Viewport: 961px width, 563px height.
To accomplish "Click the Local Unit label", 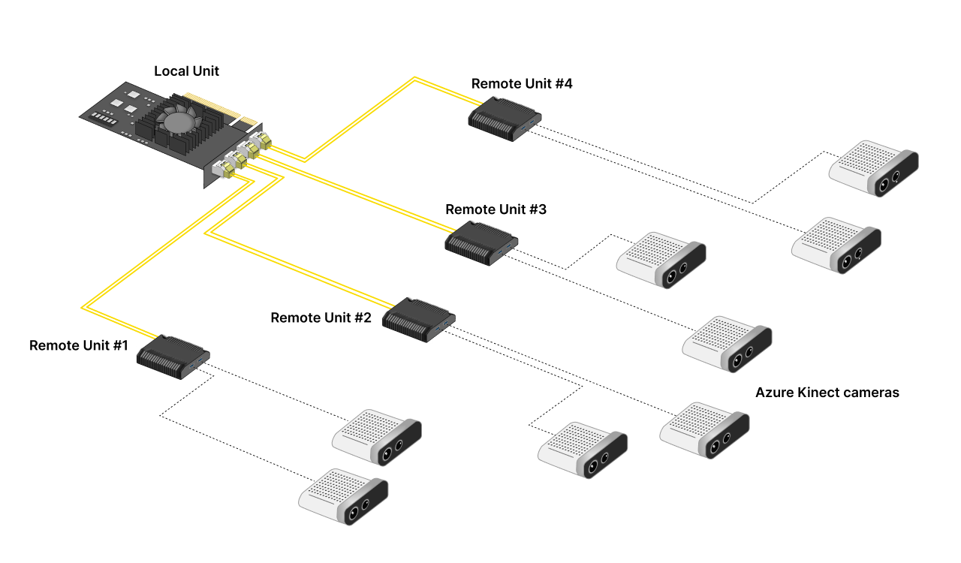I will click(x=186, y=71).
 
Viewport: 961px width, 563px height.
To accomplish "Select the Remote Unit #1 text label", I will click(x=79, y=345).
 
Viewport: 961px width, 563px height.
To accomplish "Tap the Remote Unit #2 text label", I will click(x=321, y=318).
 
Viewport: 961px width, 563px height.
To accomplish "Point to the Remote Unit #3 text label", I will click(x=496, y=209).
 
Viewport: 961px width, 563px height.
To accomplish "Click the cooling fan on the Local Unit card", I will click(x=179, y=120).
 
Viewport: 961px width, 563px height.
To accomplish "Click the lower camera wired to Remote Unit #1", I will click(x=343, y=496).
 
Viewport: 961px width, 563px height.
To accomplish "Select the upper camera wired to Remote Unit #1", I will click(x=377, y=436).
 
